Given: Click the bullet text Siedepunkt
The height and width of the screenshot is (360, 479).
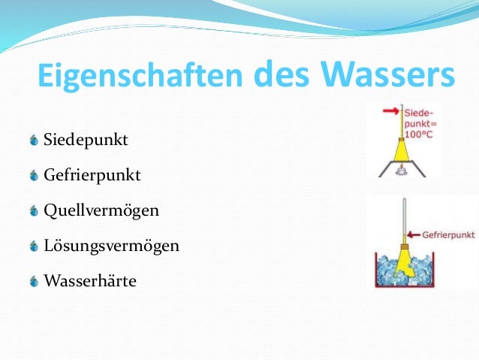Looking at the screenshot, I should click(x=86, y=141).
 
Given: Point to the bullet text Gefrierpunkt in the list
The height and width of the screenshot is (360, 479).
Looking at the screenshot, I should click(x=92, y=176).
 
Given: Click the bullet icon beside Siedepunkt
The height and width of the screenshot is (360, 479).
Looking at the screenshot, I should click(x=34, y=141).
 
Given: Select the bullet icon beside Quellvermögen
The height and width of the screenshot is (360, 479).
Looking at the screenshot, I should click(x=34, y=211).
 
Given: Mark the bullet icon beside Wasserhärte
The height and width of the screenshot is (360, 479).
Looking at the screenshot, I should click(x=34, y=282).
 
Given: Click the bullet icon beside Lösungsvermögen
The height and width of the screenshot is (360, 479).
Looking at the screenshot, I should click(x=34, y=247).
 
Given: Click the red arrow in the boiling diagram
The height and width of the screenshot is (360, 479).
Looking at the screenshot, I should click(x=390, y=112).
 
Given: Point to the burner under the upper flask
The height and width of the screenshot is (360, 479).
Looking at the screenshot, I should click(x=402, y=171).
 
